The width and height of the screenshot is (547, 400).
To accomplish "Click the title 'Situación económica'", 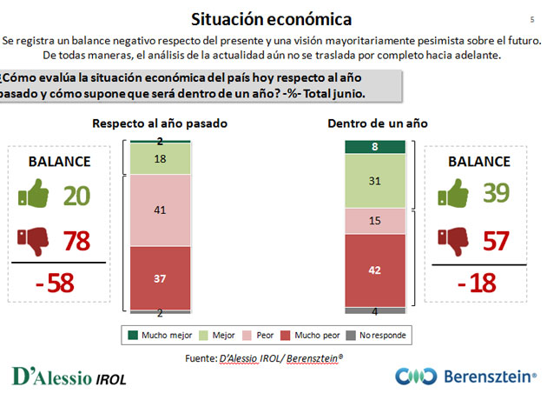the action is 271,19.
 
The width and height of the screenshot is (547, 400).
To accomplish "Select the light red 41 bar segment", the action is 160,210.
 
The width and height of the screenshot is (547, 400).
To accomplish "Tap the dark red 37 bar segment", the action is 160,278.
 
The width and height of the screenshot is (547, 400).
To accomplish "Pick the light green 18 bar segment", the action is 160,159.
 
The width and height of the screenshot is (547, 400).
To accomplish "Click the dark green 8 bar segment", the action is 375,147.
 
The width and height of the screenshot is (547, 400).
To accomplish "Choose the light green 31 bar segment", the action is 375,181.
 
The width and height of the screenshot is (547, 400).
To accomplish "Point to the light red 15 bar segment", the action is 375,221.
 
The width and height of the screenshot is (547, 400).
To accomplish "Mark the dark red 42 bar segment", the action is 375,270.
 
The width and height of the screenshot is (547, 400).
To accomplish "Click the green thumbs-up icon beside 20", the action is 34,194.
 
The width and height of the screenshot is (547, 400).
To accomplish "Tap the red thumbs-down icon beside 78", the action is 33,242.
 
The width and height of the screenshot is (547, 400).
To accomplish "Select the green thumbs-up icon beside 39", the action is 453,193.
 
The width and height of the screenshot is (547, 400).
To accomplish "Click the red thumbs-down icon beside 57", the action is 453,242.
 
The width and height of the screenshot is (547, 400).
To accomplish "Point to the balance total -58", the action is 55,283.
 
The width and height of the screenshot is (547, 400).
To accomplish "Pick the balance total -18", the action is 477,283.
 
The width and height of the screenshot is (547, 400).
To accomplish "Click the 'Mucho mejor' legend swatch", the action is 133,336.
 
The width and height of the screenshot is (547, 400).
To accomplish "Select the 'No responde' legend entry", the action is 376,336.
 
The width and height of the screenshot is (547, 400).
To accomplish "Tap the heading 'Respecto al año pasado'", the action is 160,123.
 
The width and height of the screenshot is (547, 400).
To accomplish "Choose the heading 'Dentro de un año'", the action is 378,123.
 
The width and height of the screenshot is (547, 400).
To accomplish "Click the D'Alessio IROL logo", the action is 69,377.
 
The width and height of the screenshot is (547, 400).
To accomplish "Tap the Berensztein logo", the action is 465,377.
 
